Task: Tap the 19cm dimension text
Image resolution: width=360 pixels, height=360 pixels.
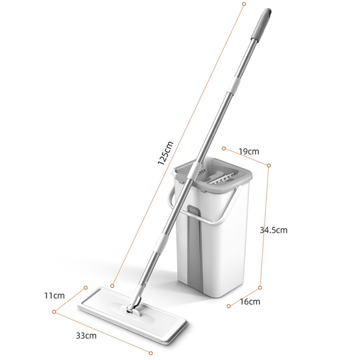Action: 248,152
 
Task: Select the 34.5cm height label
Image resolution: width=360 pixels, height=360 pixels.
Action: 274,230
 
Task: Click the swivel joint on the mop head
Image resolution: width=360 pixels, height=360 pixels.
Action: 134,306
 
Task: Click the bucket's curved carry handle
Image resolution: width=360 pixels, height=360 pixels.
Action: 211,220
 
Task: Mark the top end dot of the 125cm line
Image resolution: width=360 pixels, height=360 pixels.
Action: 244,4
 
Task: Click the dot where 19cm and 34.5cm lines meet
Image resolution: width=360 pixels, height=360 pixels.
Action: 269,166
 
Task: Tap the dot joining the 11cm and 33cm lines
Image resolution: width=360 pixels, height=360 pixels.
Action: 54,310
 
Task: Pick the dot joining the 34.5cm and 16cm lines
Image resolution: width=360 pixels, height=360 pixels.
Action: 260,286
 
